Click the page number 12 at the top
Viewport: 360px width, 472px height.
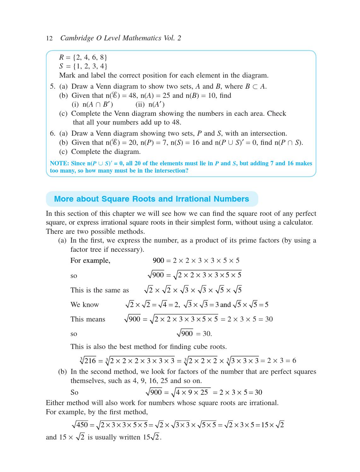tap(49, 38)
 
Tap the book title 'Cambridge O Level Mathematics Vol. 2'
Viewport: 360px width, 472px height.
tap(121, 38)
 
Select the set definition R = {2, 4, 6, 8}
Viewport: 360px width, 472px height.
tap(83, 57)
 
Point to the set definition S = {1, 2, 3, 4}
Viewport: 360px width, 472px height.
tap(83, 66)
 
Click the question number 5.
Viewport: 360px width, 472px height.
tap(52, 86)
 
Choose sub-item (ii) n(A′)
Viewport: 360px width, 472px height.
tap(150, 104)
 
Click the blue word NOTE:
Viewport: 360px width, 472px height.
tap(59, 163)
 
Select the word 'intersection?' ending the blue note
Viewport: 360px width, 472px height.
tap(171, 171)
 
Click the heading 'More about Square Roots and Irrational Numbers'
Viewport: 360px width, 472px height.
tap(151, 199)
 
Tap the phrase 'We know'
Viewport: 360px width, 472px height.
tap(84, 305)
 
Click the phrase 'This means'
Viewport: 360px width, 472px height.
tap(88, 319)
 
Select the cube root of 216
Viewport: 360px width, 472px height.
tap(88, 361)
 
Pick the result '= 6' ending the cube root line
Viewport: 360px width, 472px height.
tap(291, 361)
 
